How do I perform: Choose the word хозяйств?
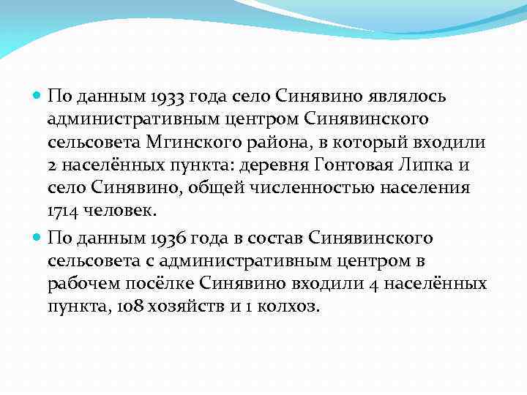(x=179, y=307)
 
